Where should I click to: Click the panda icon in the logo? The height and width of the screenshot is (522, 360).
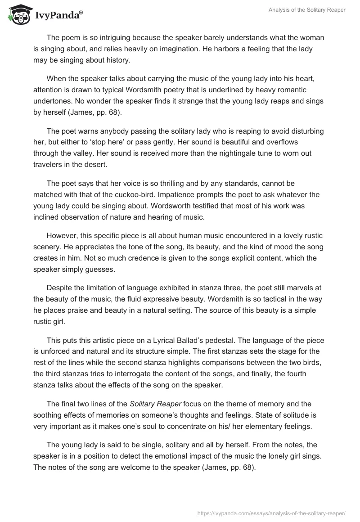[x=18, y=13]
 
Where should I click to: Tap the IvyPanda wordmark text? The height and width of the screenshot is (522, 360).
[x=58, y=15]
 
